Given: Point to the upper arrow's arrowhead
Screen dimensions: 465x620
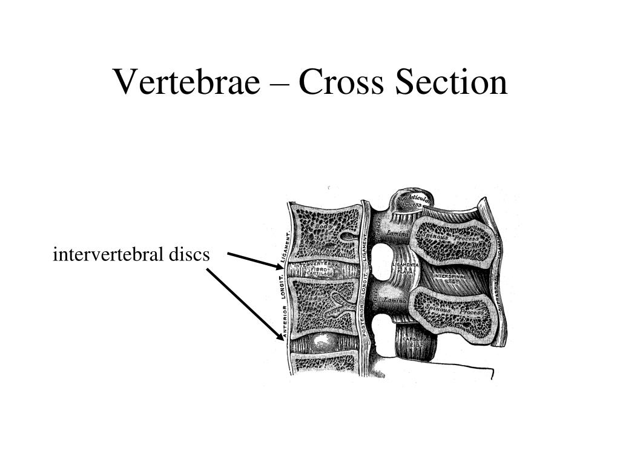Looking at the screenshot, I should click(x=279, y=266).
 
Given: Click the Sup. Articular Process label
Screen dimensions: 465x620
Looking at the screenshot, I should click(x=414, y=201).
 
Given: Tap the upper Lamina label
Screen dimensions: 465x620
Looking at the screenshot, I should click(x=397, y=233).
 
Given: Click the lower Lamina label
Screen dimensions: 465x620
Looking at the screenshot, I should click(x=397, y=300).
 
